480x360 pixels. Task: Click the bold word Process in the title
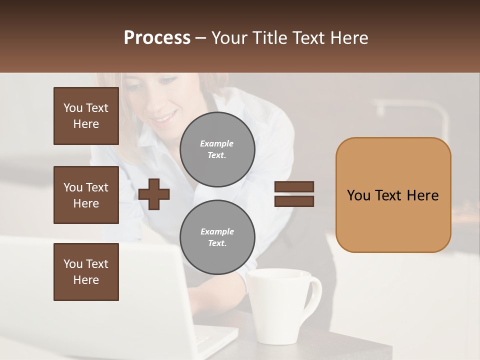click(x=157, y=38)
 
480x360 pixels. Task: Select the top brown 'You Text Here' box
click(x=86, y=116)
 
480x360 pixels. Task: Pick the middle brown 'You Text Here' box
click(x=86, y=195)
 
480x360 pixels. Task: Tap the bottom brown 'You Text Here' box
click(x=86, y=272)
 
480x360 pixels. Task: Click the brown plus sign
click(x=154, y=194)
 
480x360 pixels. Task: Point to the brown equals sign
click(x=294, y=194)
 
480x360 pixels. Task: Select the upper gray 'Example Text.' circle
click(x=217, y=149)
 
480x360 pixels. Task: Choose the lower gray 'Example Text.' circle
click(x=217, y=237)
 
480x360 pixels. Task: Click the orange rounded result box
click(x=393, y=195)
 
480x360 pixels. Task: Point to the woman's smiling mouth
click(x=165, y=119)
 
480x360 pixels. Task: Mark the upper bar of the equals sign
click(x=294, y=187)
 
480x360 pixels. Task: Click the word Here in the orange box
click(x=422, y=195)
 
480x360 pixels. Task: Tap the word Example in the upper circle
click(x=217, y=143)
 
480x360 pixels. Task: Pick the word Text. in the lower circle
click(x=217, y=243)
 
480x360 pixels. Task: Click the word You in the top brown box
click(x=73, y=108)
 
